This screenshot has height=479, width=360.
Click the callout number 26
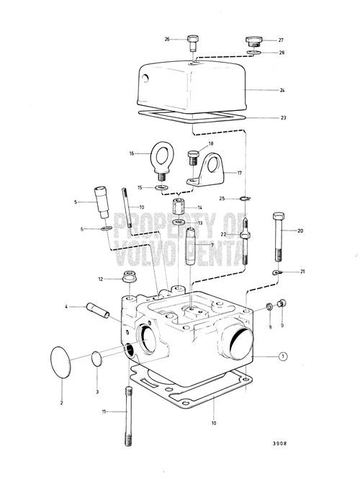(167, 39)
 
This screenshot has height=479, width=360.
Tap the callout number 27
(282, 40)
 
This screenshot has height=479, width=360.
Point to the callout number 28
(282, 53)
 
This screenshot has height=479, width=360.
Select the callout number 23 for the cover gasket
(283, 117)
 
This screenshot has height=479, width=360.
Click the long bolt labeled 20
(279, 238)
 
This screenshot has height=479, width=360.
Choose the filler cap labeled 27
(253, 39)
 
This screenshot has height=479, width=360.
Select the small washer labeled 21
(277, 272)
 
